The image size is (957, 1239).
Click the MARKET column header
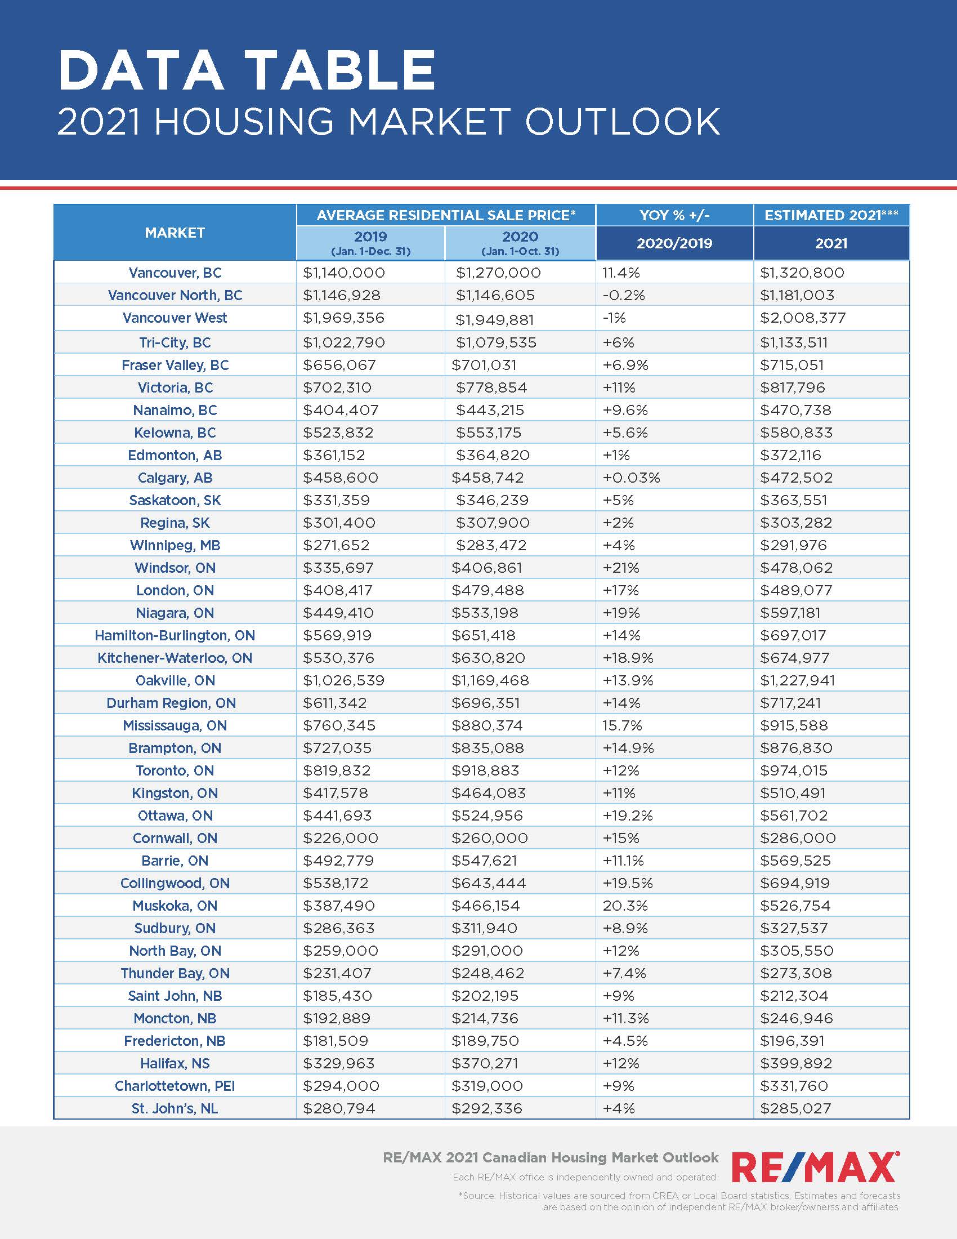point(175,233)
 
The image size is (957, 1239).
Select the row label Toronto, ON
point(175,770)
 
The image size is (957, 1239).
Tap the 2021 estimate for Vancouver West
point(803,318)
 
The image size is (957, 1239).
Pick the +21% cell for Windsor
point(621,568)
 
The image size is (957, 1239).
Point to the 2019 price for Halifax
point(339,1063)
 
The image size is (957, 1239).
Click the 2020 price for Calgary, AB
point(488,478)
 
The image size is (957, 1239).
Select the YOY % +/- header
point(674,216)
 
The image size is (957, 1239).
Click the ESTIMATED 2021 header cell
point(830,216)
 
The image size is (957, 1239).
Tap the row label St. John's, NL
point(175,1108)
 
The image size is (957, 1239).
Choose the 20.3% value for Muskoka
point(625,906)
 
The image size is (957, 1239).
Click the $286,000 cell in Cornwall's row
point(798,838)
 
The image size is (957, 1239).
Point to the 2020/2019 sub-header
point(674,243)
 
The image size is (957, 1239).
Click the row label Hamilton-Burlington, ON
point(175,635)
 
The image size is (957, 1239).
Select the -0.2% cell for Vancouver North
point(624,296)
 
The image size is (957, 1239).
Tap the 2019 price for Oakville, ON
point(343,680)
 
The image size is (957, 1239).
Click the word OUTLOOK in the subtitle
point(622,122)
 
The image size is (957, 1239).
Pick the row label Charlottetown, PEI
point(175,1086)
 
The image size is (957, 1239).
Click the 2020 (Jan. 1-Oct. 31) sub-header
point(520,243)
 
